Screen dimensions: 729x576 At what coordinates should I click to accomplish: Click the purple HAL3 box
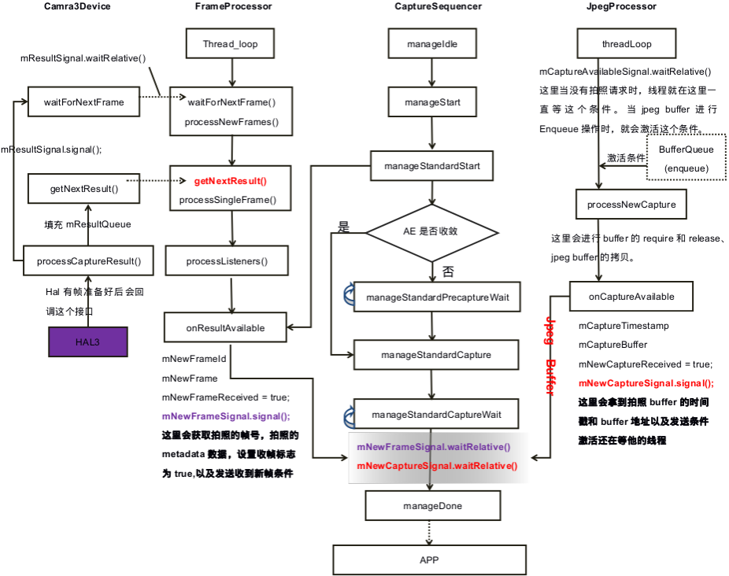coord(88,342)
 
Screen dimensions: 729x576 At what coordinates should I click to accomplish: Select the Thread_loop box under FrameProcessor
coord(230,43)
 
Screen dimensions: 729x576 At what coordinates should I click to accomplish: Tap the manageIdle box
coord(432,43)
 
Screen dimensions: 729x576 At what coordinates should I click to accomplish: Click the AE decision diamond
coord(432,232)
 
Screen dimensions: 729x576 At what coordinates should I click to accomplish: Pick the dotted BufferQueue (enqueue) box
coord(686,157)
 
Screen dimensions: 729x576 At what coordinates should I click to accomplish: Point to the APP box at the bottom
coord(430,559)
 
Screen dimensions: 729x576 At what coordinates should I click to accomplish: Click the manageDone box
coord(433,505)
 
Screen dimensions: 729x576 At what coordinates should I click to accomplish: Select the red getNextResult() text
coord(230,181)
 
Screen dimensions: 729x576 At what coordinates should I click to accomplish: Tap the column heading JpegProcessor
coord(622,6)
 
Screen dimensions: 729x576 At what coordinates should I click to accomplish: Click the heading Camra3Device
coord(77,6)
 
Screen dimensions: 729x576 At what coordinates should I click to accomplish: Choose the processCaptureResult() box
coord(88,260)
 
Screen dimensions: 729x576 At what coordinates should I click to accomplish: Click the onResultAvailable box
coord(225,327)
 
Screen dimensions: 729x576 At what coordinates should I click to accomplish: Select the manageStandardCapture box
coord(436,355)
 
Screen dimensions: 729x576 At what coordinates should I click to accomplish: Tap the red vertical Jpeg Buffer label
coord(550,356)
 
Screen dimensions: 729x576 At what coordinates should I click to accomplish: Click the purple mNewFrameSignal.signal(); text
coord(226,416)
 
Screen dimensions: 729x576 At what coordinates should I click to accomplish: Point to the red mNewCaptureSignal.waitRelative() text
coord(437,466)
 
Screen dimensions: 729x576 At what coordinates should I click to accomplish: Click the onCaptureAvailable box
coord(631,296)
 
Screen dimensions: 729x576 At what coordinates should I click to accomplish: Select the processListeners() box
coord(227,260)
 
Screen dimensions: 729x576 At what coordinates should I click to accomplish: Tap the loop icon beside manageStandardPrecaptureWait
coord(349,294)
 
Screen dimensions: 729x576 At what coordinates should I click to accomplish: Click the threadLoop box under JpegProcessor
coord(627,43)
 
